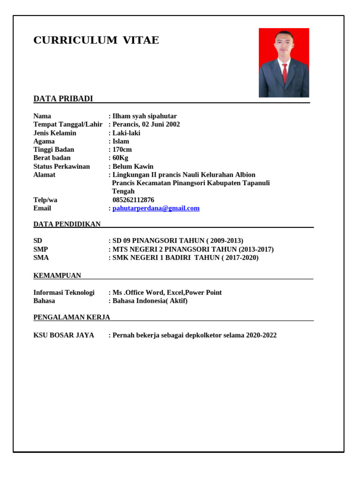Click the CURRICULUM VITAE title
[96, 40]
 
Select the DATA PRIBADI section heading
[63, 98]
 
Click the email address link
[156, 208]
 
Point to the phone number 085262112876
[133, 200]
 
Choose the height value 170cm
[122, 150]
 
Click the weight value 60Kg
[120, 158]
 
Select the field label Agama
[44, 141]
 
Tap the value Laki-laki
[126, 133]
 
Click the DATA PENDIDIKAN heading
[67, 224]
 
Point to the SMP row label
[41, 249]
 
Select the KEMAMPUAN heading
[57, 276]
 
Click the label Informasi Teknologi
[64, 292]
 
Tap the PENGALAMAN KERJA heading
[72, 317]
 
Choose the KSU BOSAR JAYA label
[64, 335]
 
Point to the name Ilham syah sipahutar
[144, 116]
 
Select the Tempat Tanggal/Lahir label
[68, 124]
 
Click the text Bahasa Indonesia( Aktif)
[150, 301]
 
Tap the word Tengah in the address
[123, 191]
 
